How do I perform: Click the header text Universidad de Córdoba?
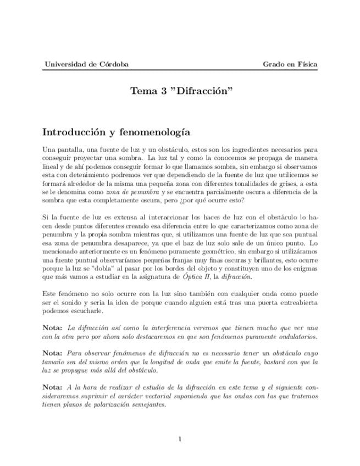(86, 64)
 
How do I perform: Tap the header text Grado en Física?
(290, 64)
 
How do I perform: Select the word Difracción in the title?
(205, 91)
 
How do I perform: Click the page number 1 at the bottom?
(180, 439)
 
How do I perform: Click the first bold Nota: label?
(53, 328)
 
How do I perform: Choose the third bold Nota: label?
(53, 387)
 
